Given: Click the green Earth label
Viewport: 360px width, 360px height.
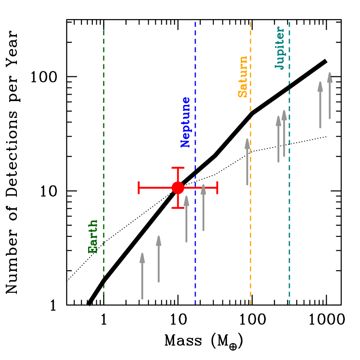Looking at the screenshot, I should coord(93,236).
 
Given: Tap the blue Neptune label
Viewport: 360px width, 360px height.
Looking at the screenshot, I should coord(185,122).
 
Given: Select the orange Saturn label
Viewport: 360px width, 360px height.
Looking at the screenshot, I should coord(242,77).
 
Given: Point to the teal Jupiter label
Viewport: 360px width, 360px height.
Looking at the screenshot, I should coord(280,48).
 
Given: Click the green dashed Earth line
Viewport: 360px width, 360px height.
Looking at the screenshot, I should coord(103,130).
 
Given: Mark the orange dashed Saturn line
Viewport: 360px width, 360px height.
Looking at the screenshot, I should coord(250,217).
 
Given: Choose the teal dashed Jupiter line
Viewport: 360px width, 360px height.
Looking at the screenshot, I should coord(289,217).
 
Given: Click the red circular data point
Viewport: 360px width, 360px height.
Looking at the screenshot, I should coord(178,188).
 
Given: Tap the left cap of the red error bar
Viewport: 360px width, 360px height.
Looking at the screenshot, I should coord(138,188).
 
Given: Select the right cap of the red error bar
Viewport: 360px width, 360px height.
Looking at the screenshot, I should coord(217,188).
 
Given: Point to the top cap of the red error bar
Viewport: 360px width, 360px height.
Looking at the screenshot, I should coord(178,167).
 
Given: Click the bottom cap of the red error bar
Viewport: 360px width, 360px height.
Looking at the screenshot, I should coord(178,208).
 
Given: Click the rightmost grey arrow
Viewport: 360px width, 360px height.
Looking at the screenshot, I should coord(330,96).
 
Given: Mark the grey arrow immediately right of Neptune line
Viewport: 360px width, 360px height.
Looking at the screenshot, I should coord(203,208).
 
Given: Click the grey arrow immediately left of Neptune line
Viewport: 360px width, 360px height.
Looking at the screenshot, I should coord(186,219).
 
